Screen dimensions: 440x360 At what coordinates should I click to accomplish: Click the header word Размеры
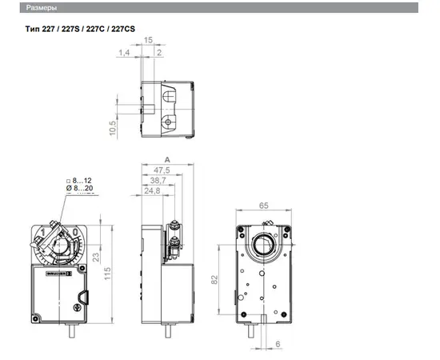click(x=42, y=8)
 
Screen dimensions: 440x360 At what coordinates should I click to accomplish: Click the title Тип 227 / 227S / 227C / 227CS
click(x=80, y=29)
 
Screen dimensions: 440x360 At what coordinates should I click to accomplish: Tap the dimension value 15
click(x=148, y=40)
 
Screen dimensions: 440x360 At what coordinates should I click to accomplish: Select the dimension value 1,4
click(x=124, y=53)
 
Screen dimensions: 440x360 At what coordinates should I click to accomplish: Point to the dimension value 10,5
click(x=113, y=128)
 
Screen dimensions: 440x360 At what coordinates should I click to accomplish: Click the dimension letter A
click(x=167, y=160)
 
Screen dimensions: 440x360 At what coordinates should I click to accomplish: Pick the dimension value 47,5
click(x=162, y=170)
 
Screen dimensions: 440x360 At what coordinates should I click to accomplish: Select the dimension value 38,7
click(x=158, y=181)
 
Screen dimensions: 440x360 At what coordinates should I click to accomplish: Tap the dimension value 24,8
click(x=152, y=191)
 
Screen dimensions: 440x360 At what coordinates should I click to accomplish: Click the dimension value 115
click(x=107, y=274)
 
